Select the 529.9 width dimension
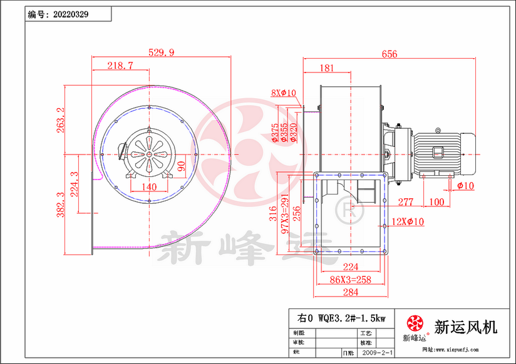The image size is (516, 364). [x=162, y=53]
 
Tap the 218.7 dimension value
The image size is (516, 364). [x=120, y=65]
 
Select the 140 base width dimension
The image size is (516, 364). [x=148, y=186]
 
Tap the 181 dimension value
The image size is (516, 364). [x=326, y=68]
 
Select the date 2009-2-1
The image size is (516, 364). [x=378, y=353]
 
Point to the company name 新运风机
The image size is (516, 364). [x=466, y=326]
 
